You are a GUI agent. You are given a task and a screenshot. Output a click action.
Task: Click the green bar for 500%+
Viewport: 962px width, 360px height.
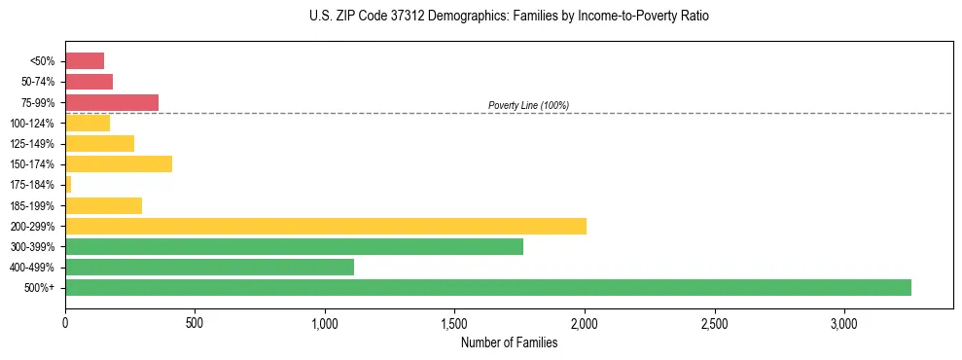tap(487, 287)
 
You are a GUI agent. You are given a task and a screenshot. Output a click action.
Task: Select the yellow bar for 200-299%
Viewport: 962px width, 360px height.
tap(326, 226)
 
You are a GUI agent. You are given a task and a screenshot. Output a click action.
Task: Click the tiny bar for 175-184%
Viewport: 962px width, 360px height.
tap(68, 184)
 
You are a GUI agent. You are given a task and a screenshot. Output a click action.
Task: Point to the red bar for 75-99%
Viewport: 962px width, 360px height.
tap(112, 102)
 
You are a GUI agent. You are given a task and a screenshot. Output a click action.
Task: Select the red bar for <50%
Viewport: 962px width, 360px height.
tap(85, 60)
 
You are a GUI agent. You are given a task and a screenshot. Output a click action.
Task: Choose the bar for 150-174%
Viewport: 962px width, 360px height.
tap(119, 163)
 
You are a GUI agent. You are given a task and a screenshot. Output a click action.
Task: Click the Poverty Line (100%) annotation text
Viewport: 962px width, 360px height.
tap(528, 105)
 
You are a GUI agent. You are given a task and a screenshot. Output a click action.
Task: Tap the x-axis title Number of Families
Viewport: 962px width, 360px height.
tap(509, 342)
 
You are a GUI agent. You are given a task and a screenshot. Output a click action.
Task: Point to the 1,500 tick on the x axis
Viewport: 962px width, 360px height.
tap(454, 322)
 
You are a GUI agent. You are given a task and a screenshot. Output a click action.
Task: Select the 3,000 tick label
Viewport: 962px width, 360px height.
tap(844, 322)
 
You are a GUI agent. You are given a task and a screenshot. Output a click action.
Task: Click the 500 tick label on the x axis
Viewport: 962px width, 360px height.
tap(195, 322)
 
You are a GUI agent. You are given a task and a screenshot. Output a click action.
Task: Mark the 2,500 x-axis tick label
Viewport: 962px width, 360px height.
tap(714, 322)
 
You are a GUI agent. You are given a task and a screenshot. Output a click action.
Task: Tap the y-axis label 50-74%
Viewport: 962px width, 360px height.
tap(37, 82)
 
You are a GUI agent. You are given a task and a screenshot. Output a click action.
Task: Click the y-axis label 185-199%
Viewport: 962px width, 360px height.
tap(34, 205)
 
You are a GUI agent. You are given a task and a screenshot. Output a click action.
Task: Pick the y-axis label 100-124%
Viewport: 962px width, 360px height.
tap(34, 123)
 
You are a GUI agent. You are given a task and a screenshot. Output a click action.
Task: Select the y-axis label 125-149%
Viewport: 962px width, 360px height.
tap(34, 143)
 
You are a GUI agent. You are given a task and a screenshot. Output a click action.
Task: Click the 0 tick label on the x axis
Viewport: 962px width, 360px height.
tap(65, 322)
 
